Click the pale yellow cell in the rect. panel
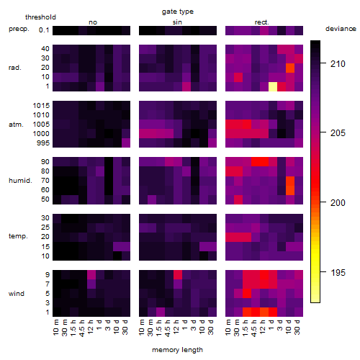coord(273,86)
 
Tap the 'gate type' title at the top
coord(178,12)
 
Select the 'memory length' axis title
coord(177,350)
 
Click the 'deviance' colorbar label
coord(341,29)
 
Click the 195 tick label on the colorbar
coord(338,273)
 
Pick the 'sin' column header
coord(177,22)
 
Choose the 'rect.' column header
coord(262,22)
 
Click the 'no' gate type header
coord(93,22)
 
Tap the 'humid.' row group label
coord(20,181)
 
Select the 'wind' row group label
coord(17,294)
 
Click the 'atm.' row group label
coord(16,125)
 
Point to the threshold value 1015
coord(41,106)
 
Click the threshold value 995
coord(43,143)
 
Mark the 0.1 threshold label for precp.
coord(44,30)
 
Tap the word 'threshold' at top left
coord(40,17)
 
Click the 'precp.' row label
coord(19,29)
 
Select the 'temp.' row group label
coord(18,236)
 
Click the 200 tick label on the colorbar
coord(338,203)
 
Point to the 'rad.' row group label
coord(15,68)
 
